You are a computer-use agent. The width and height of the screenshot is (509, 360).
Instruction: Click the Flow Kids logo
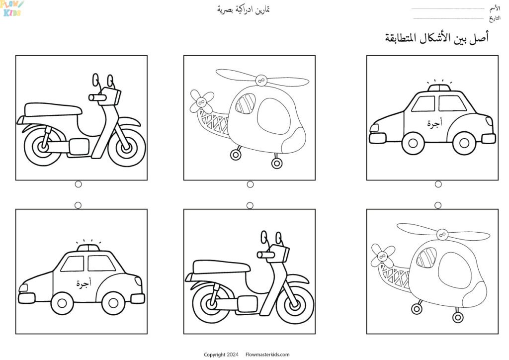(12, 8)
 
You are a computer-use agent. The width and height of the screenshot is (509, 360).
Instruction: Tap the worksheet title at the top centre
(244, 9)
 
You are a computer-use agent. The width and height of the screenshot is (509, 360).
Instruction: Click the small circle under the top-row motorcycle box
(78, 184)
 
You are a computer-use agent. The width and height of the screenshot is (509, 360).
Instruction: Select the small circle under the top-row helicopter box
(250, 184)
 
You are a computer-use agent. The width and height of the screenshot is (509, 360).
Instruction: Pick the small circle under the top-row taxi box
(438, 184)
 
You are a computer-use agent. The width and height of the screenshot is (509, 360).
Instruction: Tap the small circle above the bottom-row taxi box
(78, 205)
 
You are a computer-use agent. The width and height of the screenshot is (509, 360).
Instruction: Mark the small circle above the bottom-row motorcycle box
(250, 205)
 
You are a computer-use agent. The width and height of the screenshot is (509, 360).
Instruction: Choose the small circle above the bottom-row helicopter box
(437, 205)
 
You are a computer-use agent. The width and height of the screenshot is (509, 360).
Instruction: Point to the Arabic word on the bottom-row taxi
(84, 283)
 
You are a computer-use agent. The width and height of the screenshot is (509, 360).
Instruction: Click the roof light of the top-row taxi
(439, 88)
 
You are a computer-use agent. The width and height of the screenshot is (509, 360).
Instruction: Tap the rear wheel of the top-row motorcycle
(43, 146)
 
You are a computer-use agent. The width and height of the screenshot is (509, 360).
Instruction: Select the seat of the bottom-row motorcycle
(221, 267)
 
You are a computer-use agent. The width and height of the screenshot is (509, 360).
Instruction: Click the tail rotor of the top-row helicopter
(201, 101)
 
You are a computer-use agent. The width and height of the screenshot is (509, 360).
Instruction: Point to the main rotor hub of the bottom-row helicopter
(441, 235)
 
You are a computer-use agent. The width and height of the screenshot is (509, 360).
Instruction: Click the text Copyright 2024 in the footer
(221, 355)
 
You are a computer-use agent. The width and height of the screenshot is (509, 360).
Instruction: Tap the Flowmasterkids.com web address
(267, 355)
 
